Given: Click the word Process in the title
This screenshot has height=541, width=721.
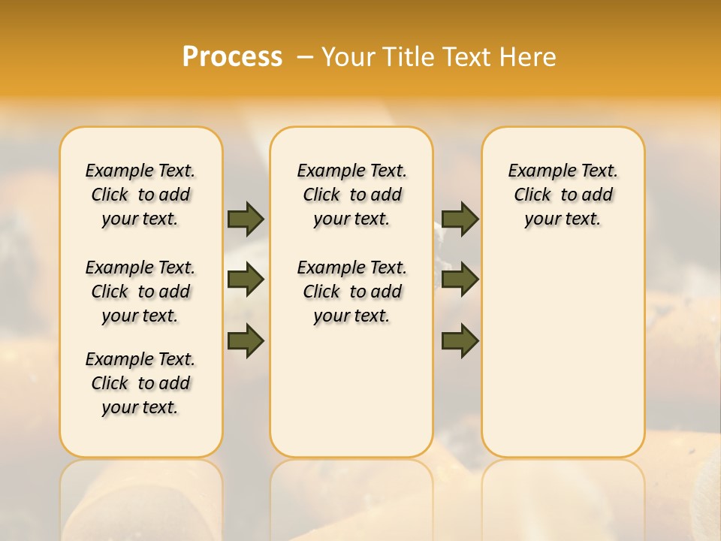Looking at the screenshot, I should click(x=232, y=57).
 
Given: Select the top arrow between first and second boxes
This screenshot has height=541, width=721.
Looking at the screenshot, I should click(x=246, y=219).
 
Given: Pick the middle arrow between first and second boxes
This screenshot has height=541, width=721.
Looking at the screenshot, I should click(x=246, y=280).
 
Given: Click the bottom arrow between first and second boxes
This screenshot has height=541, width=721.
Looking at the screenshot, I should click(x=246, y=341).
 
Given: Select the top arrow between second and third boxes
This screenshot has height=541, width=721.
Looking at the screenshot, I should click(x=460, y=219).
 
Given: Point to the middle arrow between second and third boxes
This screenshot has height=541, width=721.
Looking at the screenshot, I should click(x=460, y=280).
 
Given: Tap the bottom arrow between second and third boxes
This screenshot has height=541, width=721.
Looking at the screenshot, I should click(x=460, y=341).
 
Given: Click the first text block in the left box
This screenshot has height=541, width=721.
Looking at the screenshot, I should click(x=140, y=195).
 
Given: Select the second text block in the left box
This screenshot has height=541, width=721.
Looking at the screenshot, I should click(x=140, y=292).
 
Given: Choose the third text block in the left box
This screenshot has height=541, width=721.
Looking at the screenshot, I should click(x=140, y=383).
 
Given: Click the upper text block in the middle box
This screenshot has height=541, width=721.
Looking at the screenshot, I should click(x=351, y=195).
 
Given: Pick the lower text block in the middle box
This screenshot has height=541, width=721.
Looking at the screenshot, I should click(x=351, y=292).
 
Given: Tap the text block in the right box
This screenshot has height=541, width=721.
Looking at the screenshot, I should click(x=563, y=195).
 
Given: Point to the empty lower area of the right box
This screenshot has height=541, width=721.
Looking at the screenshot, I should click(x=563, y=361).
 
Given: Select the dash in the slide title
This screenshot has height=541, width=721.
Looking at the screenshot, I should click(x=306, y=57).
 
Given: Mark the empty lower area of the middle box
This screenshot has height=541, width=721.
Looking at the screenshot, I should click(x=351, y=391).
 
